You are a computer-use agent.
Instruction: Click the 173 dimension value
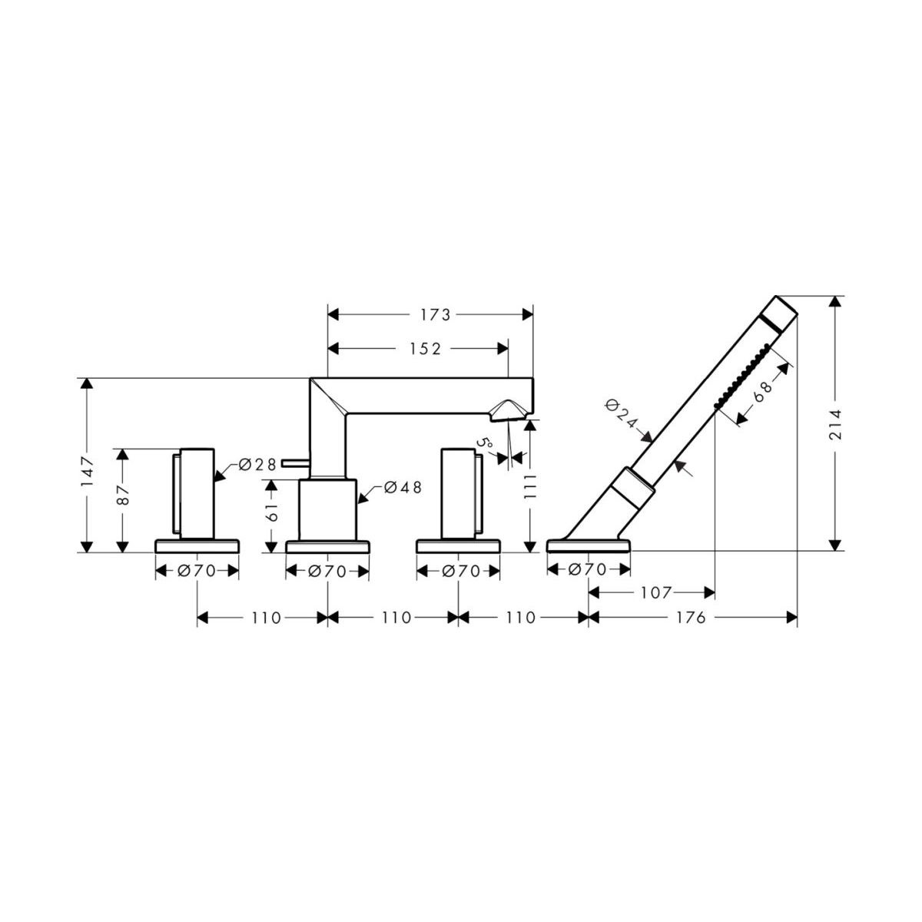[x=436, y=314]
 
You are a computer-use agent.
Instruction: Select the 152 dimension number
[x=425, y=349]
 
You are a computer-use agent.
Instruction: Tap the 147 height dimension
[x=87, y=471]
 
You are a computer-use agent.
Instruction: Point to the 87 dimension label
[x=123, y=495]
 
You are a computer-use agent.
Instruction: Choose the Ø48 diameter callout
[x=403, y=487]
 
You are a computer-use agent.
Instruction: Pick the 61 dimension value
[x=271, y=512]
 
